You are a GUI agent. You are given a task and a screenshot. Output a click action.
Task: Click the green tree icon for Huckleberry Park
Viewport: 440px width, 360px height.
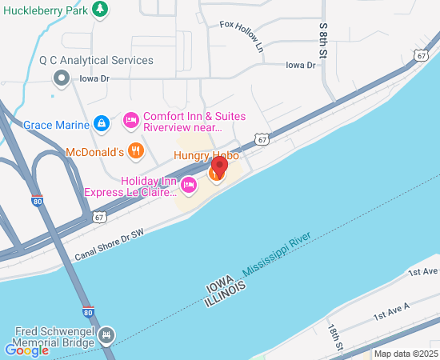click(x=100, y=10)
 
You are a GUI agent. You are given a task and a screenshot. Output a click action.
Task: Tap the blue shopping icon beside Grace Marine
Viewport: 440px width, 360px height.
click(x=102, y=123)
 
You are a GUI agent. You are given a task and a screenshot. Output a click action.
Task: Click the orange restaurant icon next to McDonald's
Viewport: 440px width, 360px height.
click(x=136, y=150)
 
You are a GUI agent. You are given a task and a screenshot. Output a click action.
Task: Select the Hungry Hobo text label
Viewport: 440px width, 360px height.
click(x=206, y=156)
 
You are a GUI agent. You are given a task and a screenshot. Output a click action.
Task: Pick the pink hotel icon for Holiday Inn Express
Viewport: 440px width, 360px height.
click(x=189, y=186)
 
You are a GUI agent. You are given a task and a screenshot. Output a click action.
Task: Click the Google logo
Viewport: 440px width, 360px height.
click(x=27, y=350)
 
